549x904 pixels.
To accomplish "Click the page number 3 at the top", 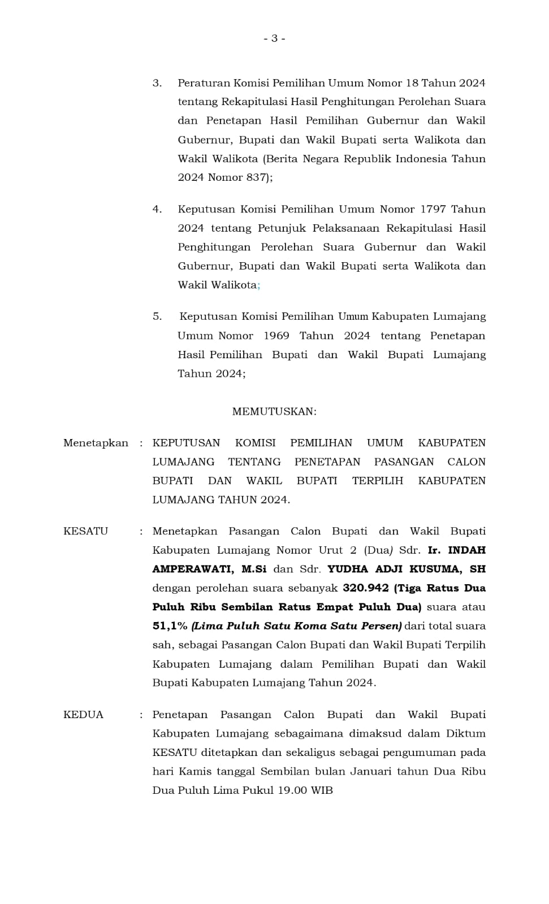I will pos(274,38).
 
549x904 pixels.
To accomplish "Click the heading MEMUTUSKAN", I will pos(274,411).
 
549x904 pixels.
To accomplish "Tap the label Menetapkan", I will pos(96,443).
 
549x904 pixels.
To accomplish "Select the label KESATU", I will pos(85,531).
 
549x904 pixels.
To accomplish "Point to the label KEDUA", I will pos(83,715).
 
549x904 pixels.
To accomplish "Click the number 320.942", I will pos(366,588).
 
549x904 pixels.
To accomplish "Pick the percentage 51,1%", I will pos(170,626).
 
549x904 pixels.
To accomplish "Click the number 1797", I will pos(433,209).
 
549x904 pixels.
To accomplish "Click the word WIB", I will pos(322,790).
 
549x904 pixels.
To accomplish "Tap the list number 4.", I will pos(157,209).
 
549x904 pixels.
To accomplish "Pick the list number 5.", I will pos(157,316).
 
